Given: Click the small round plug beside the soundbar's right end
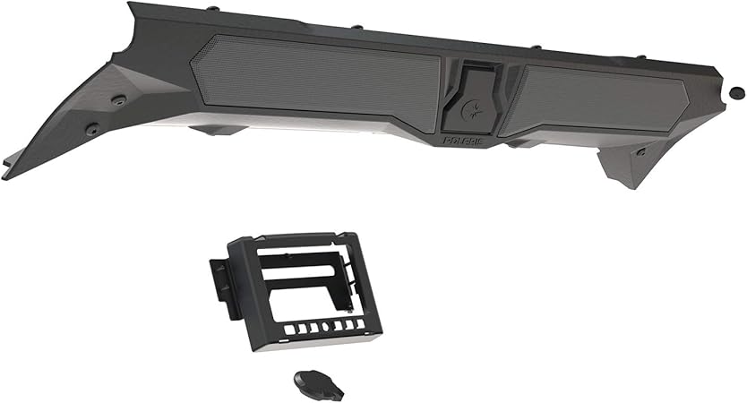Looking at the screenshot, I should click(736, 91).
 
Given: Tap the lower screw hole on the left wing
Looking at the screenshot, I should click(90, 129).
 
